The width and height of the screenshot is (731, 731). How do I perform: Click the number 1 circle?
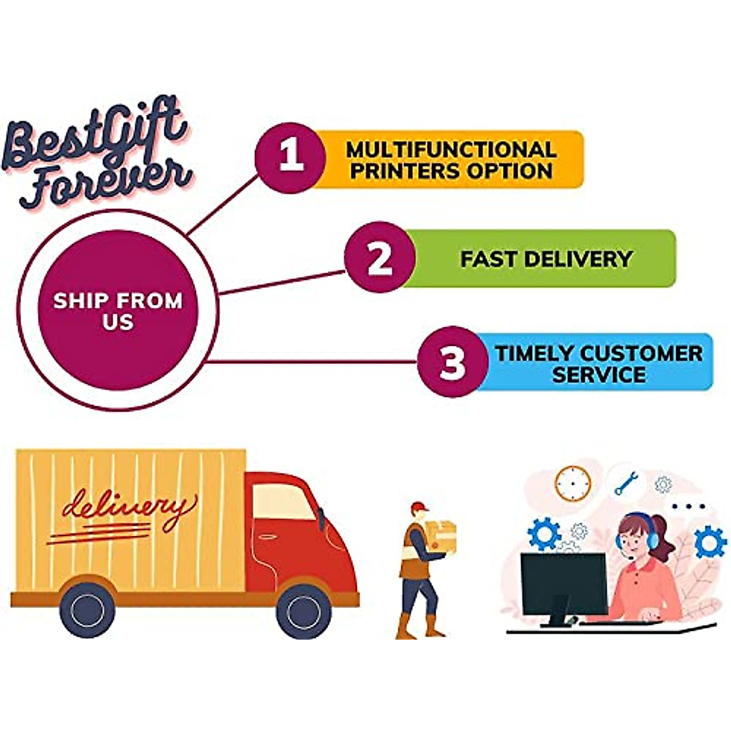pos(290,158)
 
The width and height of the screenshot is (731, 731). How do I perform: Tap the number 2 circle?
pos(380,258)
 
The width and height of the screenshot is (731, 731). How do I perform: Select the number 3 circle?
pos(453,362)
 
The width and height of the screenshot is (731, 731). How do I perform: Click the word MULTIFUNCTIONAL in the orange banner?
pos(451,149)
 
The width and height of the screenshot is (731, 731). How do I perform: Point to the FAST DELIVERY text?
pos(546,259)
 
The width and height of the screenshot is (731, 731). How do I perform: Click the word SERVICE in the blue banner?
pos(598,374)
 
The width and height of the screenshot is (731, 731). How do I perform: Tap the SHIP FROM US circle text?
pos(118,311)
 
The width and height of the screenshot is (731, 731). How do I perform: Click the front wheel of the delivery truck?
pos(303,610)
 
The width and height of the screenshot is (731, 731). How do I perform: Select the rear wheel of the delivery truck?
pos(88,610)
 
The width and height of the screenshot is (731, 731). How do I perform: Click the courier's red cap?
pos(418,507)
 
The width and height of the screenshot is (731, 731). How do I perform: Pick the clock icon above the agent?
pos(573,484)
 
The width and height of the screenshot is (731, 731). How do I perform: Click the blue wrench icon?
pos(626,484)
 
